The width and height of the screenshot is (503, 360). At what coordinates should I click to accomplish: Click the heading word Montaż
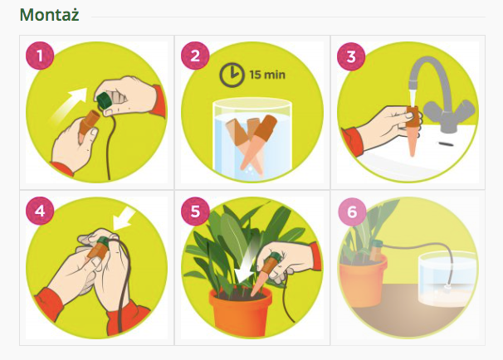[x=49, y=15]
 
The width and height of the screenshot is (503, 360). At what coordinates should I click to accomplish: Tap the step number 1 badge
[x=40, y=56]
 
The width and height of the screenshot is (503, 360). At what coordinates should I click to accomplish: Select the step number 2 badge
[x=195, y=56]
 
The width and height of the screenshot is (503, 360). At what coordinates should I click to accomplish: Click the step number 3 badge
[x=351, y=56]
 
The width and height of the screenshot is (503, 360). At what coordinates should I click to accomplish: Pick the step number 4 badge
[x=40, y=211]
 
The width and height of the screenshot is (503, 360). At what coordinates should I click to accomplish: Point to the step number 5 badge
[x=195, y=211]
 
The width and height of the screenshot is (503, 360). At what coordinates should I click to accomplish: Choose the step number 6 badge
[x=352, y=212]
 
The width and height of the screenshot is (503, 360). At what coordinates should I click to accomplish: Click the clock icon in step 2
[x=232, y=75]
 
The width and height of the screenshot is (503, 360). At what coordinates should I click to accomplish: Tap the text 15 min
[x=267, y=75]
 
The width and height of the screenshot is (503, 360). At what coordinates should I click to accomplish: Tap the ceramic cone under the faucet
[x=413, y=131]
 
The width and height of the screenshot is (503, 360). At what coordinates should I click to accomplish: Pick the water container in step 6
[x=447, y=278]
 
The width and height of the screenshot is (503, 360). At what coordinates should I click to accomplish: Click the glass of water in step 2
[x=252, y=139]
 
